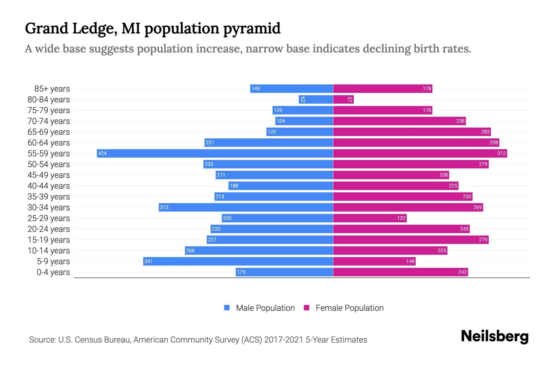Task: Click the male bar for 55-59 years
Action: pyautogui.click(x=215, y=153)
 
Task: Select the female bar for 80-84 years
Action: pyautogui.click(x=343, y=99)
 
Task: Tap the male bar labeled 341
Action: pyautogui.click(x=238, y=261)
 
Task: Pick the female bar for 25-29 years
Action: pyautogui.click(x=370, y=218)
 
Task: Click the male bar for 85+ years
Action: pyautogui.click(x=291, y=88)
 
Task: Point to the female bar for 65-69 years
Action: pyautogui.click(x=412, y=132)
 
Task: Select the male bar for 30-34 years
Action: pyautogui.click(x=246, y=207)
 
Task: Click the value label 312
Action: pyautogui.click(x=501, y=153)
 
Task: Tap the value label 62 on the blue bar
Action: pyautogui.click(x=303, y=99)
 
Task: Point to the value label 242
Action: pyautogui.click(x=462, y=272)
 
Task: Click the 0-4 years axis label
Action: pyautogui.click(x=53, y=272)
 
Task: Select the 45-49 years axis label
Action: pyautogui.click(x=49, y=175)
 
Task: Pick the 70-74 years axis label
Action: pyautogui.click(x=49, y=121)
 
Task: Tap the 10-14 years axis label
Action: pyautogui.click(x=49, y=250)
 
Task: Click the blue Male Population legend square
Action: pyautogui.click(x=227, y=308)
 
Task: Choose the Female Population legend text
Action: pyautogui.click(x=349, y=308)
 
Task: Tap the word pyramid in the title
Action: pyautogui.click(x=252, y=28)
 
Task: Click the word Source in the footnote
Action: pyautogui.click(x=42, y=339)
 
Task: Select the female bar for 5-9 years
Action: pyautogui.click(x=374, y=261)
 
